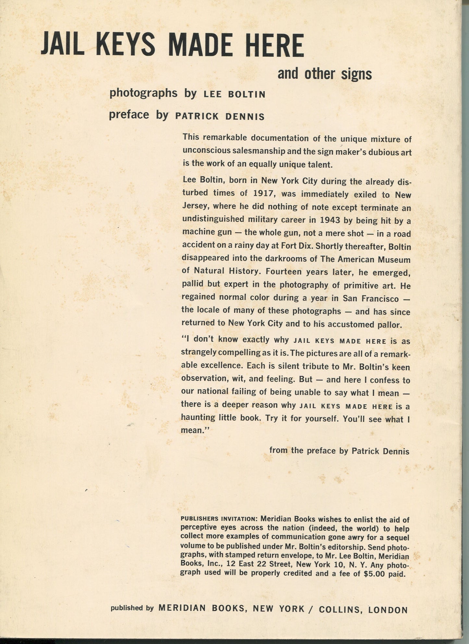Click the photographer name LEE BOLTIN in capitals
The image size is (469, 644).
coord(234,95)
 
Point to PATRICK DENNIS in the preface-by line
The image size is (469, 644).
coord(220,117)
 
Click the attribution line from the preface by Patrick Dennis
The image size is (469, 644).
coord(339,451)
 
